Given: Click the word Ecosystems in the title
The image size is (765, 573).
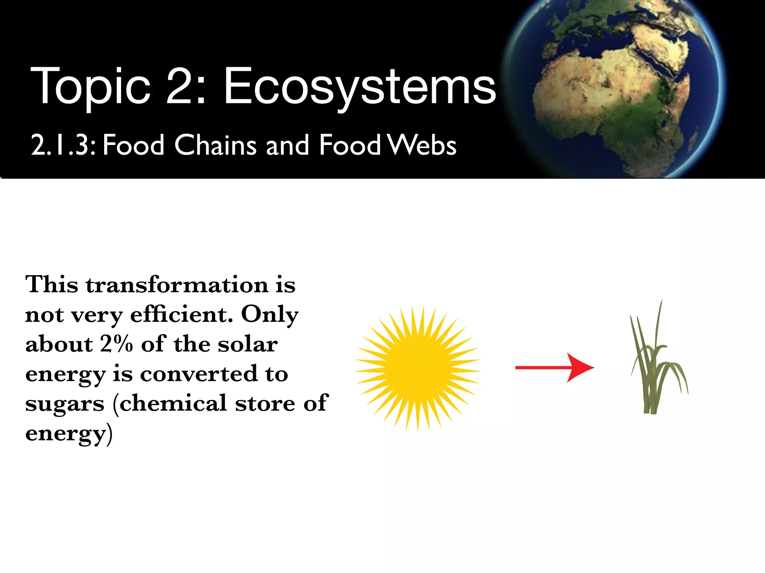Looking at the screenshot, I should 359,87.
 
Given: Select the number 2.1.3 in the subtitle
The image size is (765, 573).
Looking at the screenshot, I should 64,145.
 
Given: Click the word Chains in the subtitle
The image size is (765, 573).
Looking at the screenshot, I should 216,145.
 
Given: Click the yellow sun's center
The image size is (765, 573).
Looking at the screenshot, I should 418,369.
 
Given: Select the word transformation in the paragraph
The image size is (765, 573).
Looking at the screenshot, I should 177,285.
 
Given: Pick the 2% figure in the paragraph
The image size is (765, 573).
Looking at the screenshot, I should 116,344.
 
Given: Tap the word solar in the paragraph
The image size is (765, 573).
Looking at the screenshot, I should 248,344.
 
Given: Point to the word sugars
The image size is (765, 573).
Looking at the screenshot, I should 65,404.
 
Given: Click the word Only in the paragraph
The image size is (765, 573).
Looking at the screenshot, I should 270,315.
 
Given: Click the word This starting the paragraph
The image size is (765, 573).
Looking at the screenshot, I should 52,285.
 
